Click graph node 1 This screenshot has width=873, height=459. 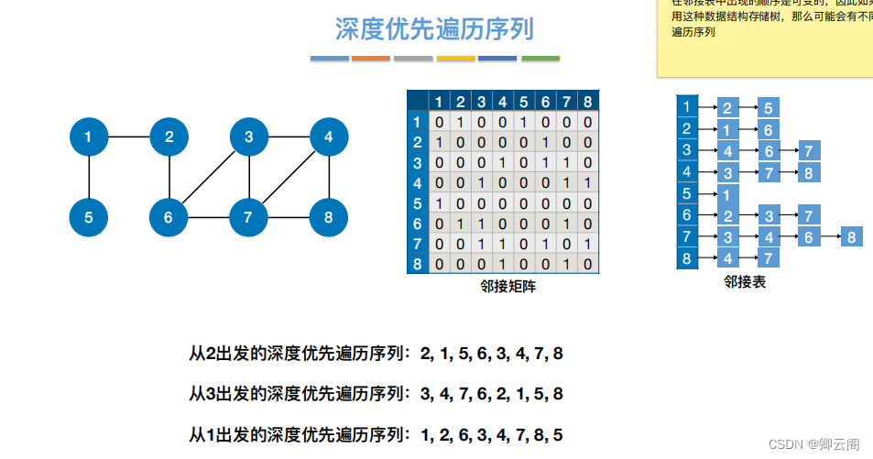click(89, 138)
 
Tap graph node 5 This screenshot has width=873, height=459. click(89, 218)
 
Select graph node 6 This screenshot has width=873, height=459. click(169, 218)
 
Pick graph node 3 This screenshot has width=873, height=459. click(249, 138)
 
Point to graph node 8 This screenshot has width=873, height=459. click(328, 218)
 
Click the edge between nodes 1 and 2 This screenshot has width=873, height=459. click(129, 138)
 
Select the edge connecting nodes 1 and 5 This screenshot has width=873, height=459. click(89, 178)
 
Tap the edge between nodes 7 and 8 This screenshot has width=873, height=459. click(289, 218)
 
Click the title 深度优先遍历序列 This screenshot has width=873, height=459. click(434, 29)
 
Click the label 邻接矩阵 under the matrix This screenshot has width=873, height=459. click(508, 287)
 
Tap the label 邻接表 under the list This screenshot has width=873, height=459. click(744, 282)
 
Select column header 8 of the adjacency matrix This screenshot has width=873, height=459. click(587, 101)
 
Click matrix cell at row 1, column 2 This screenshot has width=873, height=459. click(460, 122)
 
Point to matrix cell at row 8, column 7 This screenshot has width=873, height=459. click(566, 263)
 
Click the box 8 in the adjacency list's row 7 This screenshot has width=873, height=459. click(851, 237)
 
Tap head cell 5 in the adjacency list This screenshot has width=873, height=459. click(687, 193)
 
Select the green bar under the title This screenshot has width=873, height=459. click(540, 59)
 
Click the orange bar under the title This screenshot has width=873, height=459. click(371, 59)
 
